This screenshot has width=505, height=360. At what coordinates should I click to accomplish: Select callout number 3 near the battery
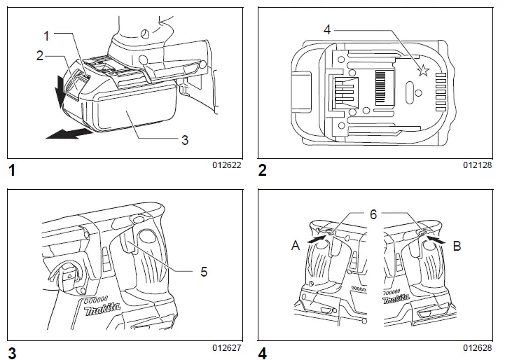point(185,139)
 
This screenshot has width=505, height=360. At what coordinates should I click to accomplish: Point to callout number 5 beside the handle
point(204,271)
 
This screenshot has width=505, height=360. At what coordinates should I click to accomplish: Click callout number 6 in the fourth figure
point(373,214)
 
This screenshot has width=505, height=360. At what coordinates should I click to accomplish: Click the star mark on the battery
point(422,70)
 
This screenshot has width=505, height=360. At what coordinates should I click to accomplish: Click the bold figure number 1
point(12,170)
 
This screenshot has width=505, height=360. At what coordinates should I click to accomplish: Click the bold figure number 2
point(263,170)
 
